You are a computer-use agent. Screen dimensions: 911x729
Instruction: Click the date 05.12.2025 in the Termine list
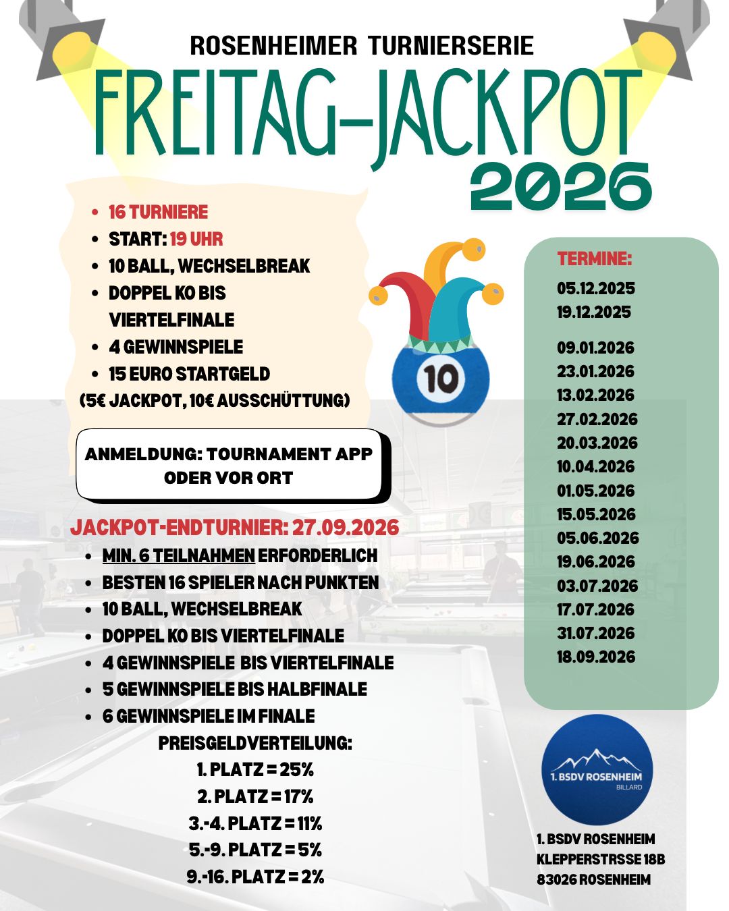tap(595, 289)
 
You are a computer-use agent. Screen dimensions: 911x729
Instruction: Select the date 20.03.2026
tap(597, 443)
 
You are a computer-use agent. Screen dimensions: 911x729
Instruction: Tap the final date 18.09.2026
tap(595, 657)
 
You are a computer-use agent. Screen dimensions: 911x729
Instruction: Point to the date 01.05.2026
tap(595, 491)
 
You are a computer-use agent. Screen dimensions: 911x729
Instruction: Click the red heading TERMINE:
tap(594, 258)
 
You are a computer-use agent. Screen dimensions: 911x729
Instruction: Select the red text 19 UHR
tap(196, 240)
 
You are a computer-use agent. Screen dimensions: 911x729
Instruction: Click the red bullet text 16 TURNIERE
tap(158, 213)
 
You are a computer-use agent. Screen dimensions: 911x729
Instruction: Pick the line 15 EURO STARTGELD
tap(189, 374)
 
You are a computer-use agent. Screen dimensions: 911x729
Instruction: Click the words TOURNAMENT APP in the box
tap(290, 454)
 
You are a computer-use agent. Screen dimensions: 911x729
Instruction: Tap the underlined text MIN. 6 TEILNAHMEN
tap(178, 556)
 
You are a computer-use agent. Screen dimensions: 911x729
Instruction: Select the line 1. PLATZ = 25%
tap(255, 769)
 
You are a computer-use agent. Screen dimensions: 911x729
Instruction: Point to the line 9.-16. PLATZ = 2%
tap(255, 877)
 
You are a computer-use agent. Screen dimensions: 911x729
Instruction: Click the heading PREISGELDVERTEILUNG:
tap(255, 743)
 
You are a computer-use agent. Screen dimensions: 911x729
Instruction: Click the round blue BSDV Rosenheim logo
tap(597, 769)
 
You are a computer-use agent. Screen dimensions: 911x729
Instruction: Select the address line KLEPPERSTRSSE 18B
tap(601, 860)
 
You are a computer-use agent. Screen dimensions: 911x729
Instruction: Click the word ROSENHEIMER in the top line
tap(273, 46)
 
